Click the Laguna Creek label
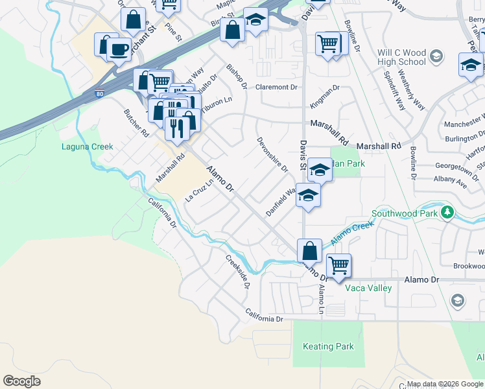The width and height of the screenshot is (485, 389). tap(88, 147)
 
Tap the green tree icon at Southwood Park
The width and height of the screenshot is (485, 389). tap(447, 213)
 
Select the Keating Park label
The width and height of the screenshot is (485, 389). tap(328, 346)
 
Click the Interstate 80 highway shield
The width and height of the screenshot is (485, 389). tap(99, 93)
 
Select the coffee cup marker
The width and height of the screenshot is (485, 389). tap(119, 49)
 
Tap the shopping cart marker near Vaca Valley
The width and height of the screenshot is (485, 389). tap(338, 265)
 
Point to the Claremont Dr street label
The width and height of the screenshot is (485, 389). tap(276, 87)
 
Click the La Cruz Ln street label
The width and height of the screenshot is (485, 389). tap(199, 190)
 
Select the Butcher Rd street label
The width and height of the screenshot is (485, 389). tap(136, 122)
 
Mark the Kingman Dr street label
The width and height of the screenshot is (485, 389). tap(325, 95)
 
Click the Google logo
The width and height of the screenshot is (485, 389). tap(22, 381)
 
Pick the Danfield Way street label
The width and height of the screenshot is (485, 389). tap(281, 203)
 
